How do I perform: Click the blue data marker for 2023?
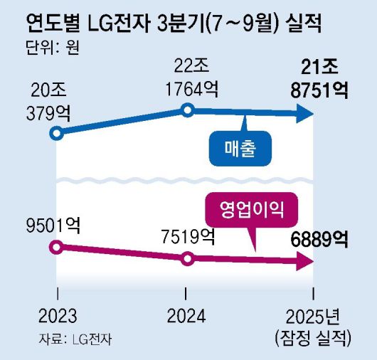pyautogui.click(x=57, y=133)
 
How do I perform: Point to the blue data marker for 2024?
pyautogui.click(x=187, y=110)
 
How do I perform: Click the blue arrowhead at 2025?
pyautogui.click(x=306, y=112)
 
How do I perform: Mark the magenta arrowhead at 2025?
pyautogui.click(x=306, y=263)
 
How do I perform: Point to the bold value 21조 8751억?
pyautogui.click(x=317, y=78)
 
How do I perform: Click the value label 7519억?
pyautogui.click(x=187, y=235)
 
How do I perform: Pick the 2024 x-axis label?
pyautogui.click(x=186, y=314)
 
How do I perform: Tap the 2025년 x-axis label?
pyautogui.click(x=314, y=314)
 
